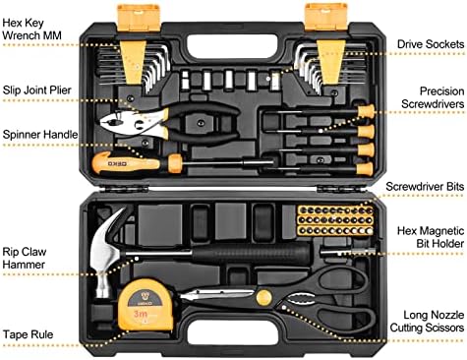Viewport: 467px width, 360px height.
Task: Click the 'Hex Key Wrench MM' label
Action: (31, 30)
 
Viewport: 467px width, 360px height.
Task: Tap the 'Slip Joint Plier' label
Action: (36, 90)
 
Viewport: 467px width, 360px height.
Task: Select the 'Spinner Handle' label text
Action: (40, 135)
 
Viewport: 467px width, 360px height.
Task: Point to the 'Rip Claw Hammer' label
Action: (25, 258)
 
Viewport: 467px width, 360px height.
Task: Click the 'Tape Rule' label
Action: (28, 334)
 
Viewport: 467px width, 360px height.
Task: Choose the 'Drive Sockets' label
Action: (431, 44)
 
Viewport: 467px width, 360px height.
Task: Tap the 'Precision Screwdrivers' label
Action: (433, 97)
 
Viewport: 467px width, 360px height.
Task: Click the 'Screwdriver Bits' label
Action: (425, 187)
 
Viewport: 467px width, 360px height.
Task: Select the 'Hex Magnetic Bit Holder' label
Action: (431, 237)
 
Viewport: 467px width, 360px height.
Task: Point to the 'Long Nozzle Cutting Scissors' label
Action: (427, 322)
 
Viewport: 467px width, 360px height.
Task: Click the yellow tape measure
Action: (146, 305)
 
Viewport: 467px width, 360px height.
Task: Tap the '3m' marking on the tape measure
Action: (141, 314)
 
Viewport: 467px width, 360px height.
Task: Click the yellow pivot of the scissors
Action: (263, 298)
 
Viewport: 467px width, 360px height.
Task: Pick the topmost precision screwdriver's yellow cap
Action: (366, 111)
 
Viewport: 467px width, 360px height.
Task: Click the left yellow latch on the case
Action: (139, 18)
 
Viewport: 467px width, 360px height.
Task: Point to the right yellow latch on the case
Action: (326, 17)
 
